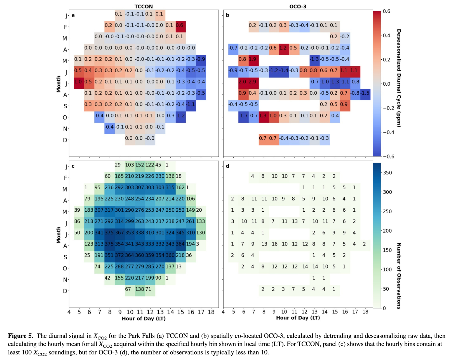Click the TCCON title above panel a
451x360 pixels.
[x=144, y=6]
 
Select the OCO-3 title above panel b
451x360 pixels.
[x=298, y=6]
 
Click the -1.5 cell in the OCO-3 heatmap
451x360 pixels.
[x=365, y=93]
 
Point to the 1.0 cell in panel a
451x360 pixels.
[x=79, y=82]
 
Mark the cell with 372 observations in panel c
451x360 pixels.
[x=119, y=255]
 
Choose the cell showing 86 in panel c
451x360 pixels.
[x=77, y=221]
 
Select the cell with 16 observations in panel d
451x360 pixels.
[x=274, y=244]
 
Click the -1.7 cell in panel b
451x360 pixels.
[x=243, y=116]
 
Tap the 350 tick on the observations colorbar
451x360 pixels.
[x=387, y=173]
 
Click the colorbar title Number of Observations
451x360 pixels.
[x=399, y=276]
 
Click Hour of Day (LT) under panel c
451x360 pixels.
[x=144, y=319]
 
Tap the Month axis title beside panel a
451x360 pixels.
[x=58, y=84]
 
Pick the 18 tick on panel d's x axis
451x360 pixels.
[x=365, y=312]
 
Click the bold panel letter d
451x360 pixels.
[x=227, y=166]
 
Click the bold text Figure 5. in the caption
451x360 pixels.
[x=20, y=336]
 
